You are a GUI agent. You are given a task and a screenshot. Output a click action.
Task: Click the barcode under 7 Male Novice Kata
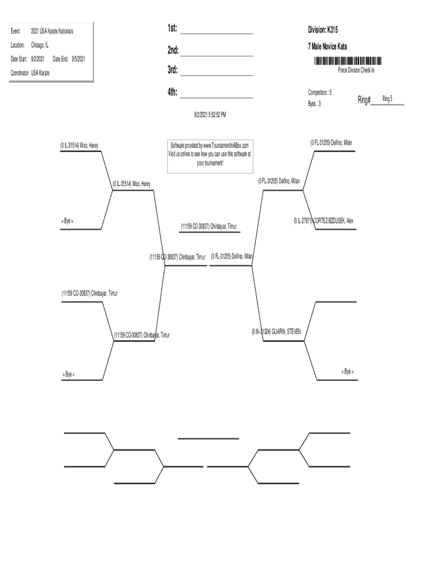347,61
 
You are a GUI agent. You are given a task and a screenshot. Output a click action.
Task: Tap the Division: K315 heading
323,29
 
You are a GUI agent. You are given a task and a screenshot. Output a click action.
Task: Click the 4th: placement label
172,92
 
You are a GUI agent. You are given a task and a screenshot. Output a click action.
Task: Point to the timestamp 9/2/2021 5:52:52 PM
210,114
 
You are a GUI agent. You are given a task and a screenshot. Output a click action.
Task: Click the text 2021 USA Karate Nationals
52,31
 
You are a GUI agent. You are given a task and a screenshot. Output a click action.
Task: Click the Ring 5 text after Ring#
387,99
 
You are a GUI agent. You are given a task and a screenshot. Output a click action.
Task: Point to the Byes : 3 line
315,104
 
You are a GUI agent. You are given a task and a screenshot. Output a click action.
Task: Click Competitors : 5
320,92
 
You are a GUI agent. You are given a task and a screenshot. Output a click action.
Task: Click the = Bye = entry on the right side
347,371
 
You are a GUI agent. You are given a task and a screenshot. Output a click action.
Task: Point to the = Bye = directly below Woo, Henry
67,221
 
